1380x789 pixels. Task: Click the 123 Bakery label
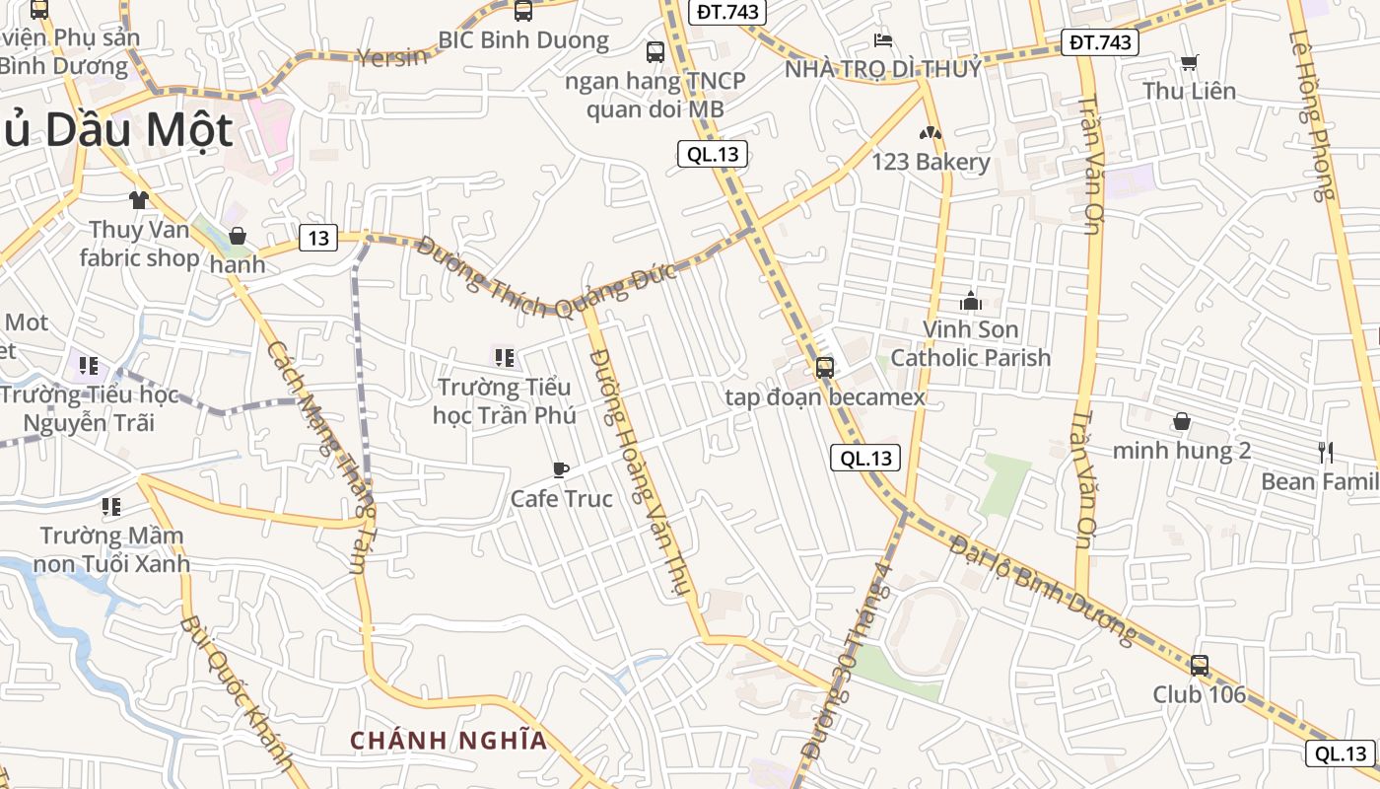pyautogui.click(x=931, y=162)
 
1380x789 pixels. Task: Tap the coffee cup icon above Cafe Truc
pyautogui.click(x=560, y=469)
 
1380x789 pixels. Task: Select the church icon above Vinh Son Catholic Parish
pyautogui.click(x=971, y=300)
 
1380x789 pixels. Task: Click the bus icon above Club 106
pyautogui.click(x=1199, y=665)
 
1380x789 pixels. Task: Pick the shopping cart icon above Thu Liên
pyautogui.click(x=1189, y=62)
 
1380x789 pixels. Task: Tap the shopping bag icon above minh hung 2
pyautogui.click(x=1181, y=422)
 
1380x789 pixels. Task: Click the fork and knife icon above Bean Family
pyautogui.click(x=1326, y=453)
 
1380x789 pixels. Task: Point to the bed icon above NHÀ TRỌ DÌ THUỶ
pyautogui.click(x=883, y=40)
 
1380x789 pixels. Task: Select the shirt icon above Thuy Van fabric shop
pyautogui.click(x=138, y=200)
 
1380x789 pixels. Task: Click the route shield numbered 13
pyautogui.click(x=318, y=238)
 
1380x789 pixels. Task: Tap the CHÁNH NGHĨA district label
pyautogui.click(x=448, y=740)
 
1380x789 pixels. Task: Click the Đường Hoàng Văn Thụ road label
pyautogui.click(x=640, y=473)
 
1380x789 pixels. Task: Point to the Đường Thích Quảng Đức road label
pyautogui.click(x=546, y=278)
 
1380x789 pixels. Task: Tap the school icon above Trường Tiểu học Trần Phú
pyautogui.click(x=504, y=358)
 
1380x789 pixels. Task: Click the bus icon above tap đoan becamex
pyautogui.click(x=824, y=368)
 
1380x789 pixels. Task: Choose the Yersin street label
pyautogui.click(x=392, y=56)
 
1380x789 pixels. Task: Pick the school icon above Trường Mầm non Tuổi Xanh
pyautogui.click(x=111, y=507)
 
